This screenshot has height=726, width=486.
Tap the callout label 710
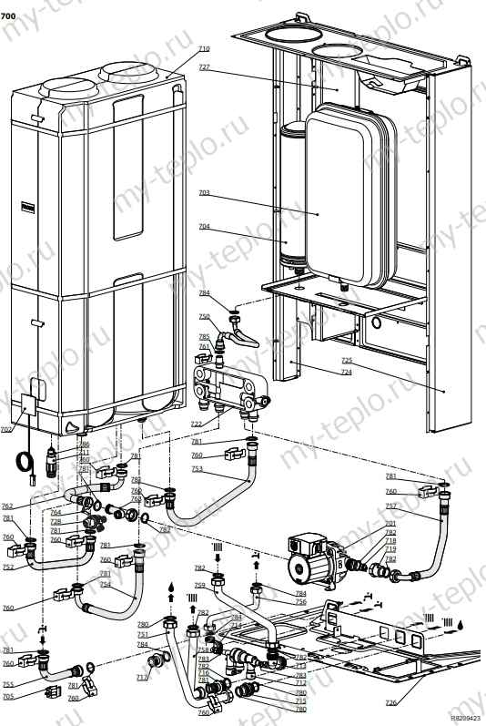point(203,48)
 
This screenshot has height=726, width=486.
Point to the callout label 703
point(203,193)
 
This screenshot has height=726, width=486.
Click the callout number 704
point(203,226)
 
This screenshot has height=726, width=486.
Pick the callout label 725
point(346,362)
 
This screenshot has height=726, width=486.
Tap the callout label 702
point(6,429)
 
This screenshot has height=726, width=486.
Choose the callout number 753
point(198,468)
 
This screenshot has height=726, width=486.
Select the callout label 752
point(7,567)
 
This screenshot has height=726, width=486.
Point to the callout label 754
point(105,585)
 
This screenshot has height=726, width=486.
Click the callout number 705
point(7,697)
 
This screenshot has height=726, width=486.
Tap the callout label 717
point(142,677)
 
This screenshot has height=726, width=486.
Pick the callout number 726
point(390,702)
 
